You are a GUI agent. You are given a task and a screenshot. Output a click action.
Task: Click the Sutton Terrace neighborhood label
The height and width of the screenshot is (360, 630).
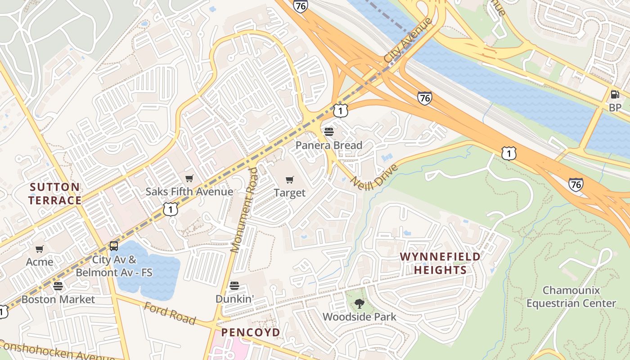click(x=55, y=193)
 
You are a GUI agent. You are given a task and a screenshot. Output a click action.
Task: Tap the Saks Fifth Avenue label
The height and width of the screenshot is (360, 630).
click(x=189, y=192)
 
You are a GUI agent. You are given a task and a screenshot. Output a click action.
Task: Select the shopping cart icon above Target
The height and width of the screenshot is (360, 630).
click(x=290, y=180)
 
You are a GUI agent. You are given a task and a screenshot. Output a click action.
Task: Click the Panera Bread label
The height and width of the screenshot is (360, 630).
click(x=328, y=145)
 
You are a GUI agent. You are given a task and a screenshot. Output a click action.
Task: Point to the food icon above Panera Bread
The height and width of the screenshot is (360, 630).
click(x=329, y=131)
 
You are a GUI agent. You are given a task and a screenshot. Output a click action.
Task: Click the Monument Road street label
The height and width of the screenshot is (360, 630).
click(x=244, y=210)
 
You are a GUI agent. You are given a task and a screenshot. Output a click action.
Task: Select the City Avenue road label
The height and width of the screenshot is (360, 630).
click(x=408, y=40)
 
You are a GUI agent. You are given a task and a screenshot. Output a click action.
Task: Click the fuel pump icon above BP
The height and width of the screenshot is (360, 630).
click(x=615, y=94)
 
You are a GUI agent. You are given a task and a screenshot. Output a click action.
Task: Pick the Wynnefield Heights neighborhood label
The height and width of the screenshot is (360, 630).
click(x=440, y=263)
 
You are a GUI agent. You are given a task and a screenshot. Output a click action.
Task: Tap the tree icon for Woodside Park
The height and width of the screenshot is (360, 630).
click(x=359, y=304)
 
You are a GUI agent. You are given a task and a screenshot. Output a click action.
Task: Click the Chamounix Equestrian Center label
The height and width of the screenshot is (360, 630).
click(x=571, y=297)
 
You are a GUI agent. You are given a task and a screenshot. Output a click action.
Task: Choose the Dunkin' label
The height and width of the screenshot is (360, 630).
click(x=234, y=299)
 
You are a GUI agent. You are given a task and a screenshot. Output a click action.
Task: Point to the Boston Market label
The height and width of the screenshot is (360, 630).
click(x=58, y=299)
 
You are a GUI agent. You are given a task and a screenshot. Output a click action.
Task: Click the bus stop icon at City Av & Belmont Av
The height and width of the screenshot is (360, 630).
click(x=114, y=246)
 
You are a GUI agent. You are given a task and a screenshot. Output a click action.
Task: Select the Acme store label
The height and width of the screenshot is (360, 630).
click(x=40, y=262)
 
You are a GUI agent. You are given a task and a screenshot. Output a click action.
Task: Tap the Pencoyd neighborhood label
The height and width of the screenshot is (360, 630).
click(x=250, y=333)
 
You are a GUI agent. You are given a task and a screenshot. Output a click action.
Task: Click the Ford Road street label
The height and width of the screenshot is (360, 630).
click(x=170, y=313)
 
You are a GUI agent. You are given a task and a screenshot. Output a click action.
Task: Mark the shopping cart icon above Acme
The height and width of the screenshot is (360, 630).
click(x=40, y=249)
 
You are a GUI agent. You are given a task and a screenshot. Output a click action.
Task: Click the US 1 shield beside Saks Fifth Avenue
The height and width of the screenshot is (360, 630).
click(x=171, y=209)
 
